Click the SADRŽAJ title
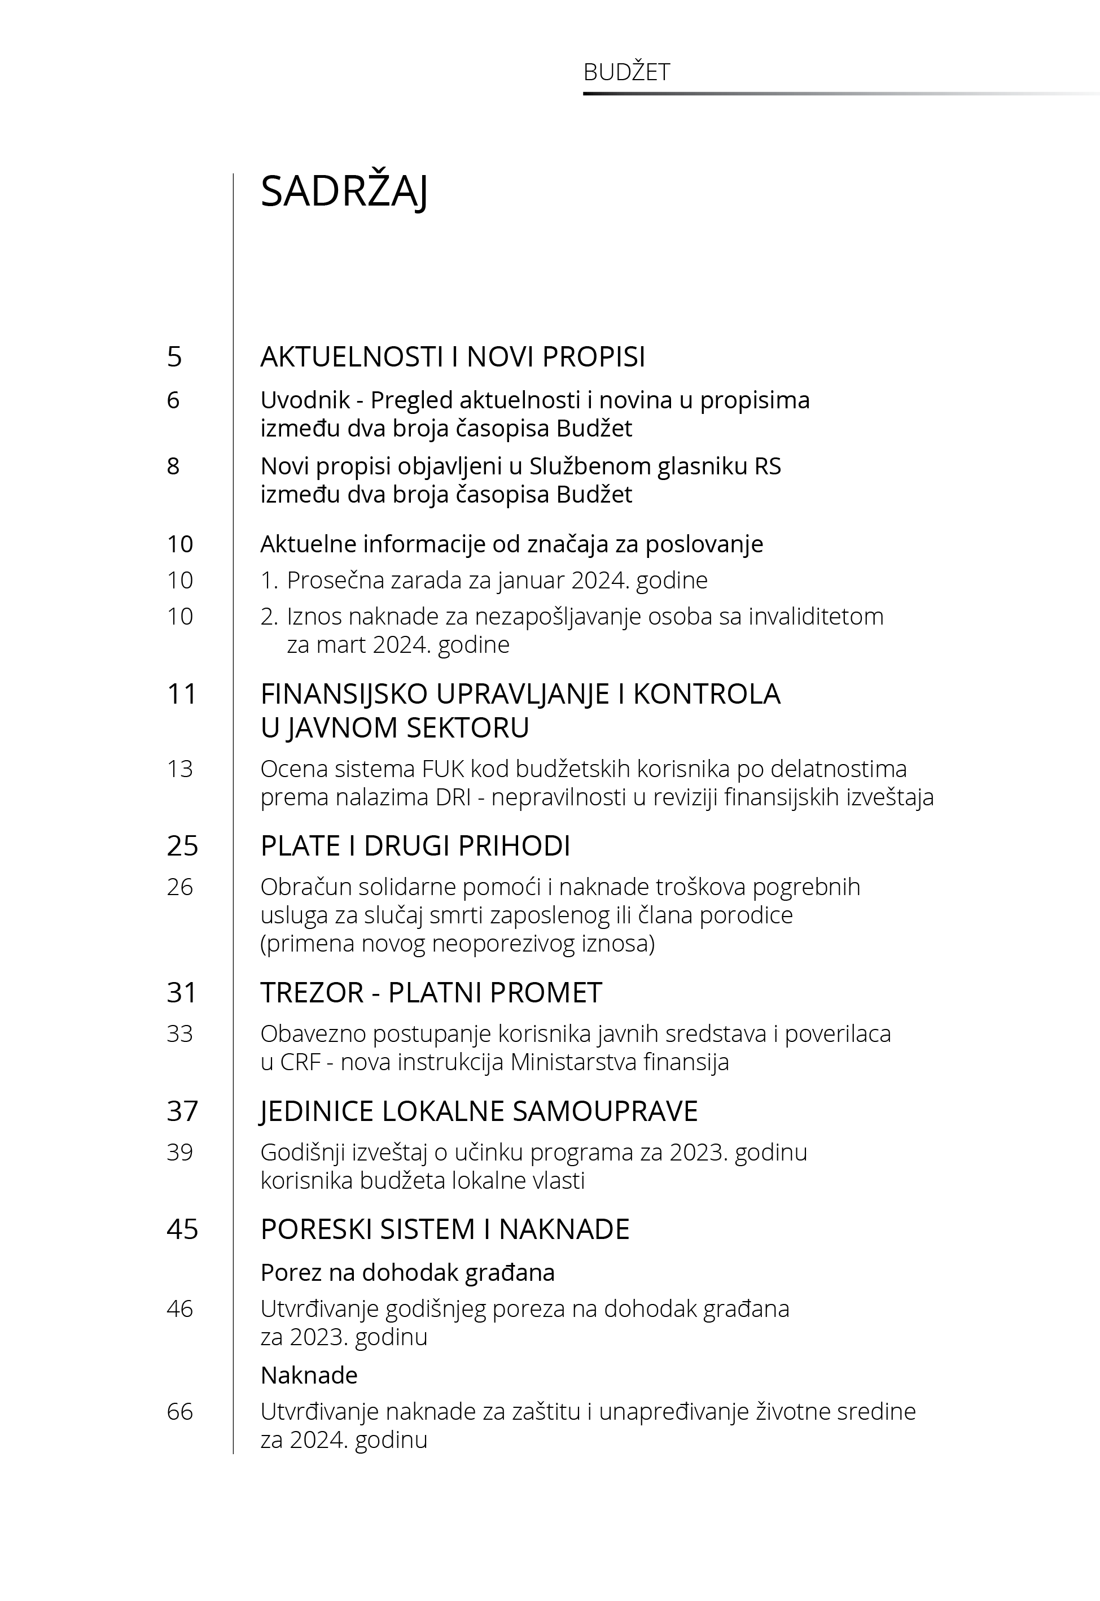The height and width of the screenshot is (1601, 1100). [344, 191]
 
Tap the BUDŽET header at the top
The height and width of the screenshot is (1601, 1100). [626, 72]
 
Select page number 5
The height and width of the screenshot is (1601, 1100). [174, 357]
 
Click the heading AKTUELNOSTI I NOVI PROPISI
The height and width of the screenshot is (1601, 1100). [452, 357]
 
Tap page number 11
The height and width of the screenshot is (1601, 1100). [182, 693]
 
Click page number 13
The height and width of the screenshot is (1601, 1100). [180, 769]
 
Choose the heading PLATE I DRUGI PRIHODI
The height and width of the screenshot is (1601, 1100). [415, 846]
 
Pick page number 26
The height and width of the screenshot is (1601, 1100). [180, 887]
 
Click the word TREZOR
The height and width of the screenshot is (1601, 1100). [312, 993]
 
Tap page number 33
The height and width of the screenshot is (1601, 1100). [180, 1033]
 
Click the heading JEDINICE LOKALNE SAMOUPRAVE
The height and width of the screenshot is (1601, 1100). [479, 1111]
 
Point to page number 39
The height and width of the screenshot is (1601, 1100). [180, 1152]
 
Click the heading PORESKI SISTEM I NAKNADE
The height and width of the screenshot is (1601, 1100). [445, 1229]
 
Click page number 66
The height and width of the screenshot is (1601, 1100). [180, 1411]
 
